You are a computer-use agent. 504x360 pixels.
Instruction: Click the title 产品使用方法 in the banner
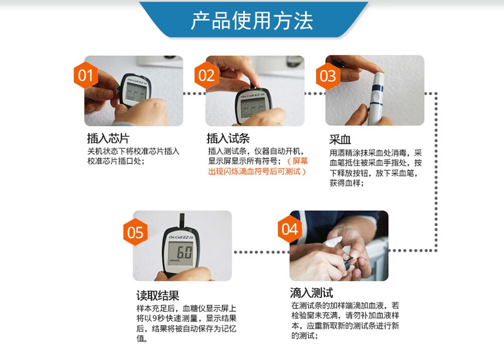point(252,21)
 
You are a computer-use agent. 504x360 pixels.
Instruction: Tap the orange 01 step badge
point(85,76)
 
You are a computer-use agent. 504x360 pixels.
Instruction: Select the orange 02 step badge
point(206,76)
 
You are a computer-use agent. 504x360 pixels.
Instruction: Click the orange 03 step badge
point(328,76)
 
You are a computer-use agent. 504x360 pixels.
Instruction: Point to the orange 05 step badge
point(135,232)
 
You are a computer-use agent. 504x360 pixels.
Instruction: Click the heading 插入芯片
point(108,139)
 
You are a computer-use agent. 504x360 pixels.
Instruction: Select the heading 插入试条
point(228,139)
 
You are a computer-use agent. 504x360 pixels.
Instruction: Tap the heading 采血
point(340,140)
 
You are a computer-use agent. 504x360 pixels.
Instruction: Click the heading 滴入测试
point(311,293)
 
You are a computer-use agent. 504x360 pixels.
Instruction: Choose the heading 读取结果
point(157,296)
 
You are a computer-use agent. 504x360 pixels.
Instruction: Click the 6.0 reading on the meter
point(184,253)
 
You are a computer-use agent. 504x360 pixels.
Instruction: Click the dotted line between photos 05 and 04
point(260,252)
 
